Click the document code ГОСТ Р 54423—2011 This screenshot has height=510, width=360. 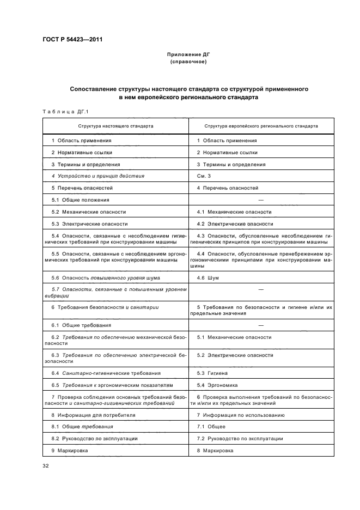pos(73,40)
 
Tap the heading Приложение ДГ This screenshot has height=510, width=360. pos(188,55)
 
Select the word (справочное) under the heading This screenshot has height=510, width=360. pos(188,62)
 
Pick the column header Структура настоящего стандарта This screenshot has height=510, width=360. pos(115,126)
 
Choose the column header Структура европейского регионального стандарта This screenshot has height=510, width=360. pos(261,126)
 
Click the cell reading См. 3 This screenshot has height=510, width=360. pos(204,176)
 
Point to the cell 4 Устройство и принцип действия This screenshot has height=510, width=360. pos(97,176)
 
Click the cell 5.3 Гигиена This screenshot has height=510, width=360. pos(213,373)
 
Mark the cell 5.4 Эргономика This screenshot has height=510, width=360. pos(217,385)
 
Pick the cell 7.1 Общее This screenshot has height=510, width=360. pos(211,427)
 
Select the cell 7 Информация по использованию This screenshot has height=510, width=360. pos(233,415)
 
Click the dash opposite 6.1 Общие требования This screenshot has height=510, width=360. pos(261,325)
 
